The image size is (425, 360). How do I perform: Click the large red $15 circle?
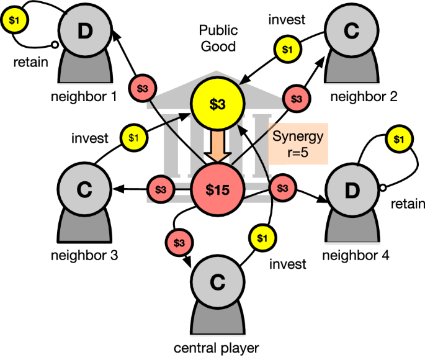click(218, 190)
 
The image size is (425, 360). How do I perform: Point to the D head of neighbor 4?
click(352, 190)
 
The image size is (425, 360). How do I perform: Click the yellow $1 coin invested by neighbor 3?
click(134, 137)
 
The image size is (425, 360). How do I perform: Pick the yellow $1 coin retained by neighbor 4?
click(400, 138)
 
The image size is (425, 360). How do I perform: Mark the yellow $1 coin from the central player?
click(261, 236)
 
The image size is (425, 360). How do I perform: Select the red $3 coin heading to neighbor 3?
click(161, 188)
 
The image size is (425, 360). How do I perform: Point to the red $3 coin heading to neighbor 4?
click(283, 187)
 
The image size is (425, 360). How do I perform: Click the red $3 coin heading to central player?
click(179, 240)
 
